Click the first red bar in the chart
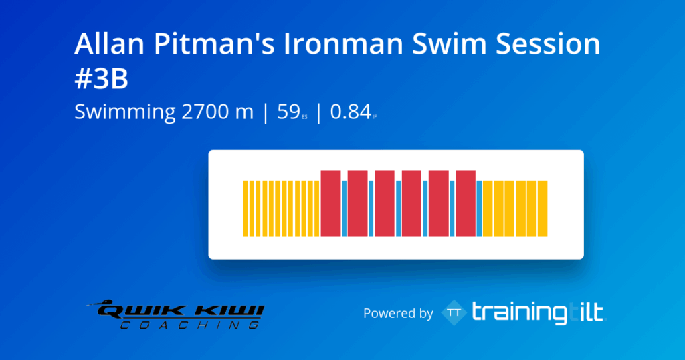coord(331,203)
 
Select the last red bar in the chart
coord(466,203)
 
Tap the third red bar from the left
coord(385,203)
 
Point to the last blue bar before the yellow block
coord(479,208)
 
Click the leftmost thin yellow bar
coord(244,208)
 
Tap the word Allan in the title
coord(103,44)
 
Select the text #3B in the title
coord(101,79)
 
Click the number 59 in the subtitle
coord(288,112)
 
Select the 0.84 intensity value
coord(350,112)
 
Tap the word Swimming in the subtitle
coord(125,112)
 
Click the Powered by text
coord(398,313)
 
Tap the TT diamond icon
coord(454,312)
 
